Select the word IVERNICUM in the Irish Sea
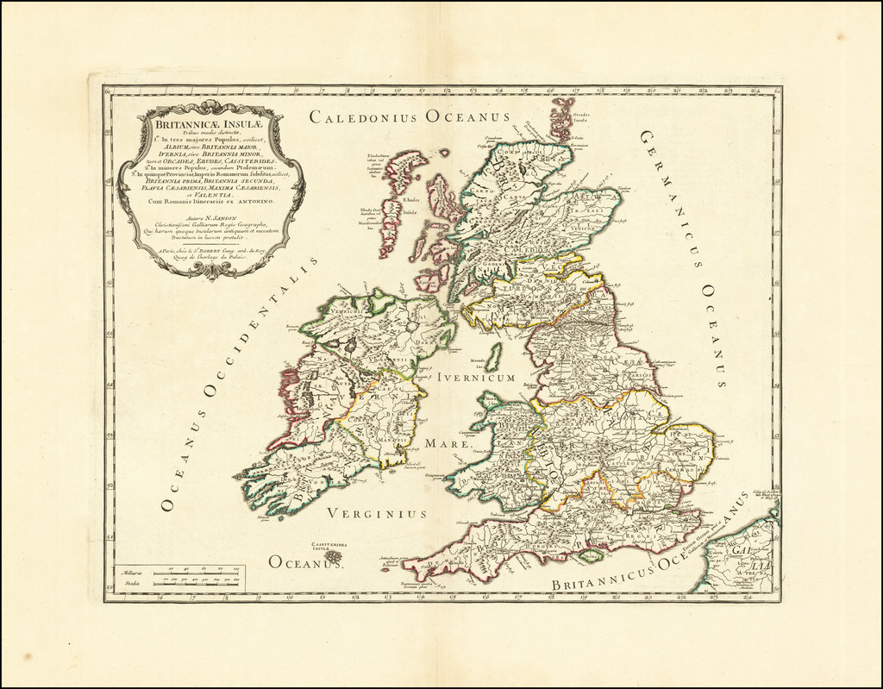click(476, 377)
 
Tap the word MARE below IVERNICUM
click(448, 444)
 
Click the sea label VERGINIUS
click(377, 514)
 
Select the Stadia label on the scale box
click(133, 583)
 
